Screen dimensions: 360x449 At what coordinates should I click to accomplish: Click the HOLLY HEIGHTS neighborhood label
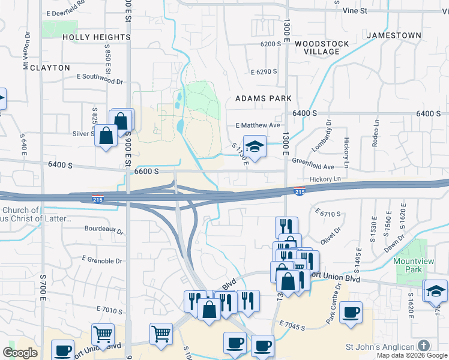97,37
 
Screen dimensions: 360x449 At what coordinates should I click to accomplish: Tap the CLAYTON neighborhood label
50,68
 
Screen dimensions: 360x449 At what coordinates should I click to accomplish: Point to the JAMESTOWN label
394,35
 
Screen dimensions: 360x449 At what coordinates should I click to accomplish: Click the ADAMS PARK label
263,98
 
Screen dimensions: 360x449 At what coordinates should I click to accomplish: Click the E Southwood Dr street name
100,77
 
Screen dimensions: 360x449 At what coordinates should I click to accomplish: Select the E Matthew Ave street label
258,125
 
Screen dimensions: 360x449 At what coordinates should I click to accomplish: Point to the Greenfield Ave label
313,160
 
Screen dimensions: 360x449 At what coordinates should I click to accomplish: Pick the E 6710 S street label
328,213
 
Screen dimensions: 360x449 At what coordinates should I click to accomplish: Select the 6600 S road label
146,171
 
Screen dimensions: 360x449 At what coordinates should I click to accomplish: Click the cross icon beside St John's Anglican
424,346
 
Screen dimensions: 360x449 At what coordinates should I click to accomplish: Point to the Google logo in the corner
20,353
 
